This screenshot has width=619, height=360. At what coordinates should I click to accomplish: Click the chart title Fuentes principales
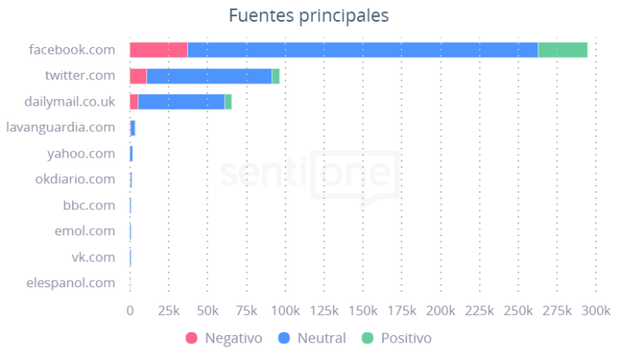coord(309,16)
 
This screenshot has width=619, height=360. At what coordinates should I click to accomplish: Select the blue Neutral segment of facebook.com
coord(362,50)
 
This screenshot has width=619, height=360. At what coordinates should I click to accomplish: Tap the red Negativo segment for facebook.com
coord(158,50)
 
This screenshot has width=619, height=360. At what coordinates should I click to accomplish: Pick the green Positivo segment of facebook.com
coord(562,50)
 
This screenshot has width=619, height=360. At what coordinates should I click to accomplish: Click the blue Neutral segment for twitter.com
coord(210,76)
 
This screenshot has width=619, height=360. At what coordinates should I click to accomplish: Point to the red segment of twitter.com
coord(138,76)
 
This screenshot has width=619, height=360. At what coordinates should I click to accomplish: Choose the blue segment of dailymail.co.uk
coord(182,102)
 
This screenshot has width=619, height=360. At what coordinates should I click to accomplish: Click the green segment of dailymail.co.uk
coord(228,102)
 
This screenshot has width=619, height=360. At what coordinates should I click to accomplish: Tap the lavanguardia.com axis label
coord(60,127)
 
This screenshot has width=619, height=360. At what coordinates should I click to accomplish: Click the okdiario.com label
coord(75,179)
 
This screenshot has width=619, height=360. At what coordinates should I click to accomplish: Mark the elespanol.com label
coord(70,282)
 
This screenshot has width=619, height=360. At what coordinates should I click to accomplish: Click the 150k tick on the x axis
coord(363,310)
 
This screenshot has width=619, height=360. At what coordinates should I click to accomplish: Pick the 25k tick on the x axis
coord(169,310)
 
